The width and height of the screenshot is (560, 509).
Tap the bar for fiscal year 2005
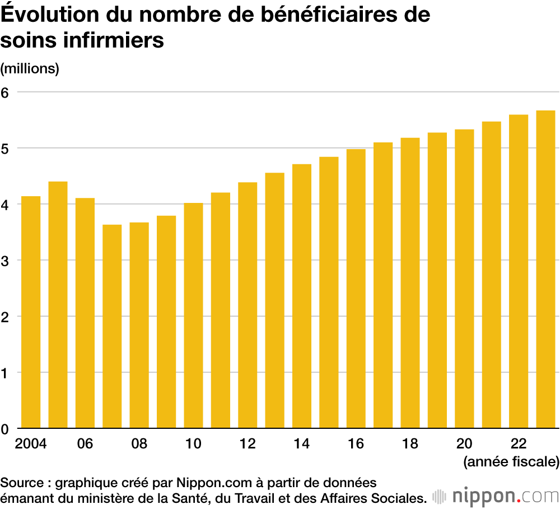(x=58, y=305)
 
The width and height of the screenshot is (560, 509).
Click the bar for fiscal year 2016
(x=356, y=289)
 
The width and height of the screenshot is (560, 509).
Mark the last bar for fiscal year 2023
(x=545, y=269)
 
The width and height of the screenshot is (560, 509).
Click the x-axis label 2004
(x=31, y=444)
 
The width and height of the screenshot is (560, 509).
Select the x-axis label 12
(x=248, y=444)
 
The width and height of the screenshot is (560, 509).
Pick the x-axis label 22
(x=519, y=444)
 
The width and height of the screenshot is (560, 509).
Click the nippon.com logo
(x=496, y=496)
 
